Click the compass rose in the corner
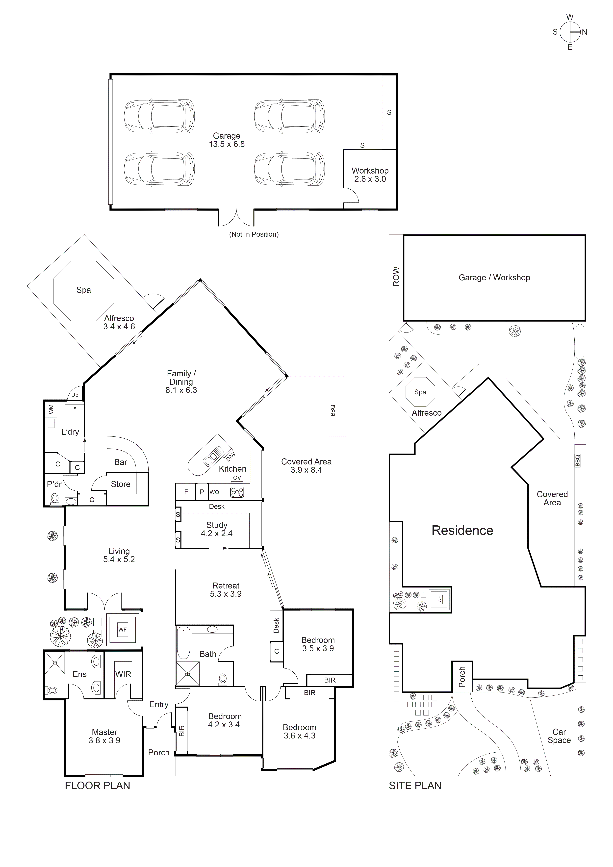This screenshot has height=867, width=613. click(x=570, y=32)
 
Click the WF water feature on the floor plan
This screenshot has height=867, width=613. click(x=122, y=630)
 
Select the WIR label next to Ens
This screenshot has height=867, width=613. click(x=123, y=674)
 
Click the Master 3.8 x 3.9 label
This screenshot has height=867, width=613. click(x=105, y=736)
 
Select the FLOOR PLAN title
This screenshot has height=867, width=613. click(x=97, y=786)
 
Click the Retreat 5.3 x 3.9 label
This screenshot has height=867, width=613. click(x=226, y=589)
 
